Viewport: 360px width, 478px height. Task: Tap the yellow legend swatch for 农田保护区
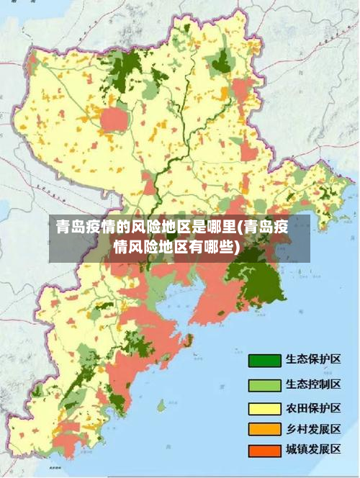click(264, 408)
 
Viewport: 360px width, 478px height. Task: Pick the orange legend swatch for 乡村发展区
click(264, 430)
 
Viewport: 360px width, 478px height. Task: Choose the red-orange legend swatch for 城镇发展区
click(264, 451)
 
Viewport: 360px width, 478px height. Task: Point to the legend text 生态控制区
click(313, 384)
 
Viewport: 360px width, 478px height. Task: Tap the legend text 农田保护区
click(313, 407)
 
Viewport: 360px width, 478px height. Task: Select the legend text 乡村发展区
click(313, 429)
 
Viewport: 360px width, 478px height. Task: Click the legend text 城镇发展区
click(313, 450)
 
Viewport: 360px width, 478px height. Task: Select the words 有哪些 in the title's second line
click(209, 248)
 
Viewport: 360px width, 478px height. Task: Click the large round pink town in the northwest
click(113, 119)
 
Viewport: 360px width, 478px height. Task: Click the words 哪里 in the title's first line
click(220, 228)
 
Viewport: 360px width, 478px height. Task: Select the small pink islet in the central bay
click(189, 339)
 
